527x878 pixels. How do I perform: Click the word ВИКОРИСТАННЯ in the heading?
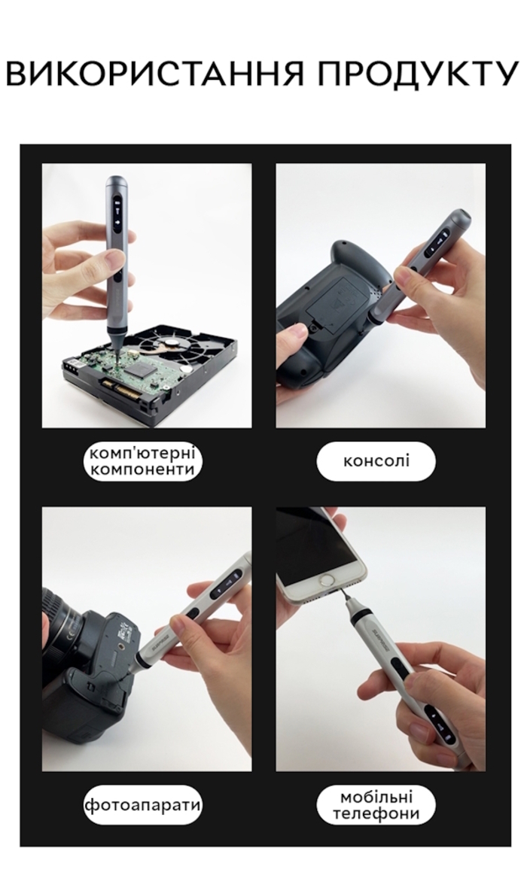tap(154, 73)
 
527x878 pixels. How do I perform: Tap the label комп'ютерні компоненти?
tap(142, 461)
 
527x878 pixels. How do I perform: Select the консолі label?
tap(376, 461)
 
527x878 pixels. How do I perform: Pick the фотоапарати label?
tap(142, 805)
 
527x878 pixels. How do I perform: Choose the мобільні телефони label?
tap(376, 805)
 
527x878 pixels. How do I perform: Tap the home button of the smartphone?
tap(326, 581)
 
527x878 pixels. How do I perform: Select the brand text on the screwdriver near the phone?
tap(377, 640)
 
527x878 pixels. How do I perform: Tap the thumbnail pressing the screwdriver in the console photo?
tap(401, 275)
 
